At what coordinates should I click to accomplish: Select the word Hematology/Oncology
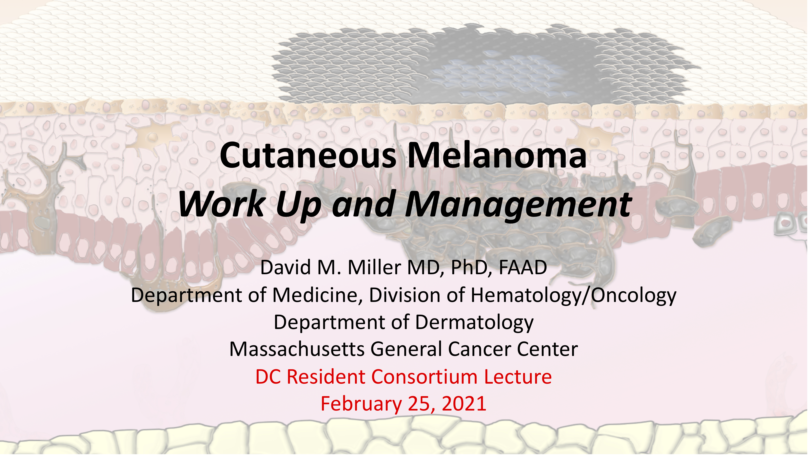coord(574,295)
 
